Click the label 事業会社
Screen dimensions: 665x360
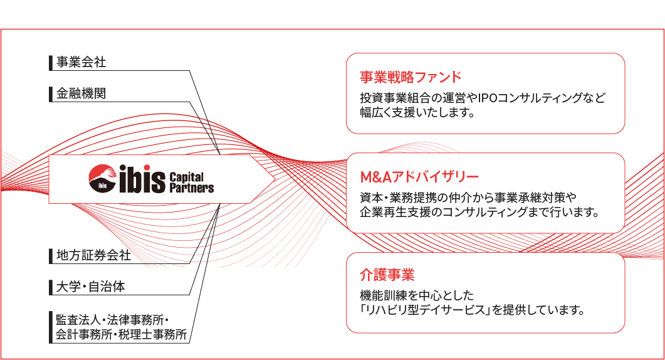[81, 62]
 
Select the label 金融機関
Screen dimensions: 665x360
[81, 93]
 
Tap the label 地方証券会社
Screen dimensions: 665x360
[93, 255]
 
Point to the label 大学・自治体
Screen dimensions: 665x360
[90, 287]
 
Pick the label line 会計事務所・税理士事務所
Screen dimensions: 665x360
[122, 334]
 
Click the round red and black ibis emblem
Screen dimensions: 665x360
[102, 178]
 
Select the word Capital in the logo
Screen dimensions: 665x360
[187, 177]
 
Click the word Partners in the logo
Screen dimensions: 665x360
[192, 188]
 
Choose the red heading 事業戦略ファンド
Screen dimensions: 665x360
[411, 77]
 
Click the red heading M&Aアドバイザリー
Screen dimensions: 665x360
[419, 177]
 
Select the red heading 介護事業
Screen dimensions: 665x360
[387, 275]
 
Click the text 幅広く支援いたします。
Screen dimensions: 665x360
[417, 112]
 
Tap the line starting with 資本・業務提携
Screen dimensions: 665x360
[468, 198]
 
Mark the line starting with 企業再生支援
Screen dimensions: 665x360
[479, 212]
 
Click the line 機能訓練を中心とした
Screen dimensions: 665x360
[416, 295]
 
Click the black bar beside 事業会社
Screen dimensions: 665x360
[51, 63]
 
